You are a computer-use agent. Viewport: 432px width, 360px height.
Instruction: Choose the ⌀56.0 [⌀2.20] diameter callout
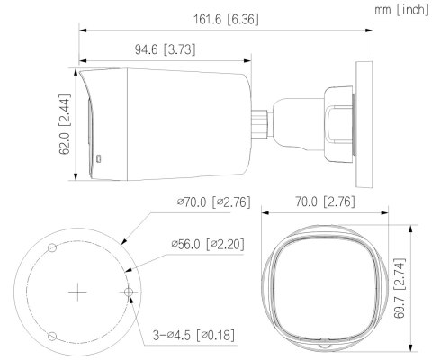tap(202, 244)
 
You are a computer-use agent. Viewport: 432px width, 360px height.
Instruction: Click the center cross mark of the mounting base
tap(79, 292)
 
